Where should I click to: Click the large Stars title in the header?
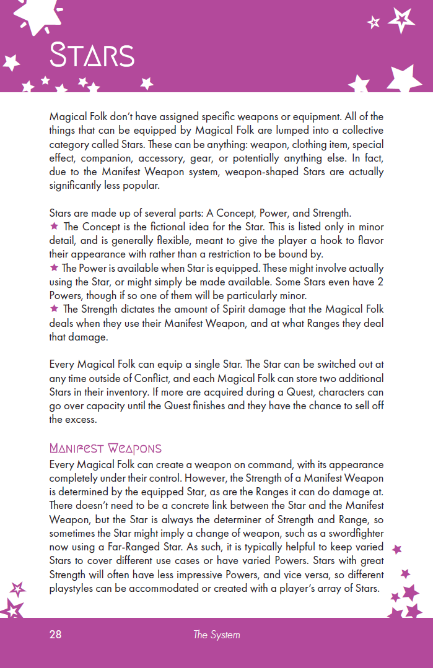pyautogui.click(x=92, y=55)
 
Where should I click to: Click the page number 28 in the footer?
pyautogui.click(x=56, y=635)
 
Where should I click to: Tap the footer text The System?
pyautogui.click(x=216, y=635)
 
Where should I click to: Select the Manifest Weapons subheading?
pyautogui.click(x=105, y=448)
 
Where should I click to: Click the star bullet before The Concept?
pyautogui.click(x=54, y=227)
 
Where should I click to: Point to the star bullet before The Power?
pyautogui.click(x=54, y=267)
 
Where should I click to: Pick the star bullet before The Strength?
pyautogui.click(x=54, y=308)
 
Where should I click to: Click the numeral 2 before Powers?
pyautogui.click(x=379, y=281)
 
